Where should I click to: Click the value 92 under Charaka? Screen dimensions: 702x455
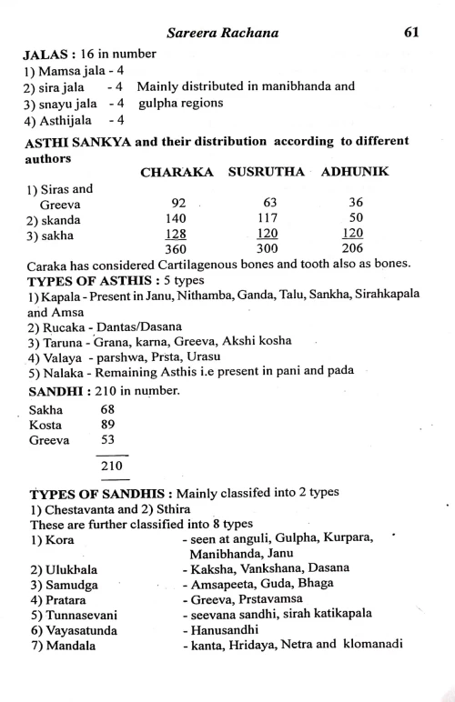tap(178, 204)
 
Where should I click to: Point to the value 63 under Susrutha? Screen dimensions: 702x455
tap(268, 204)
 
